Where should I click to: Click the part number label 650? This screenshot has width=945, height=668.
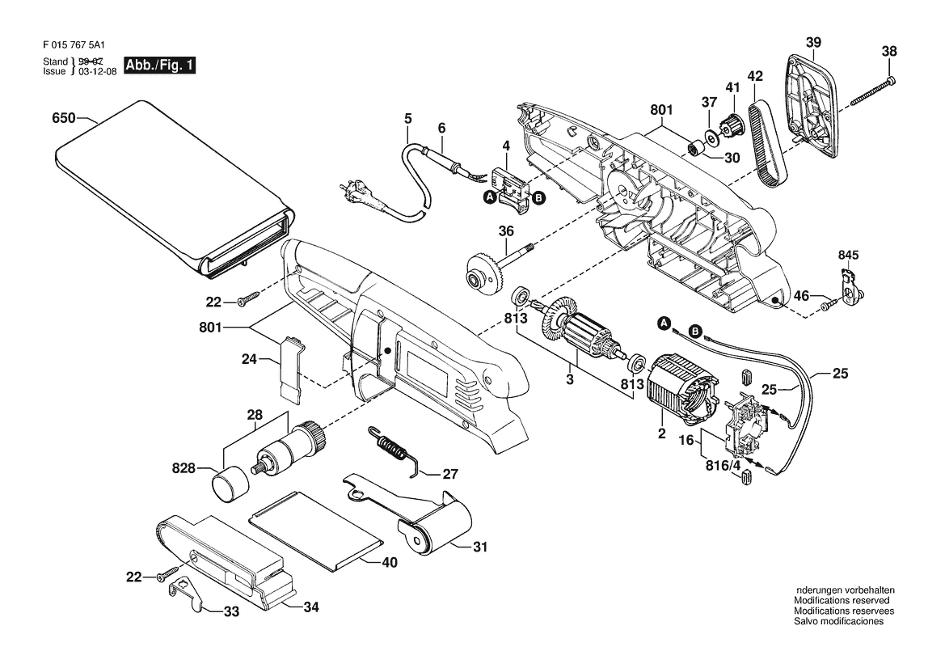click(64, 117)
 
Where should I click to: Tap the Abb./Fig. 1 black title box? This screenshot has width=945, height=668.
click(160, 66)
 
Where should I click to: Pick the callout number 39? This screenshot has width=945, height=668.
click(813, 42)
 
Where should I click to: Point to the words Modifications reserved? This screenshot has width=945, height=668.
click(842, 601)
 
